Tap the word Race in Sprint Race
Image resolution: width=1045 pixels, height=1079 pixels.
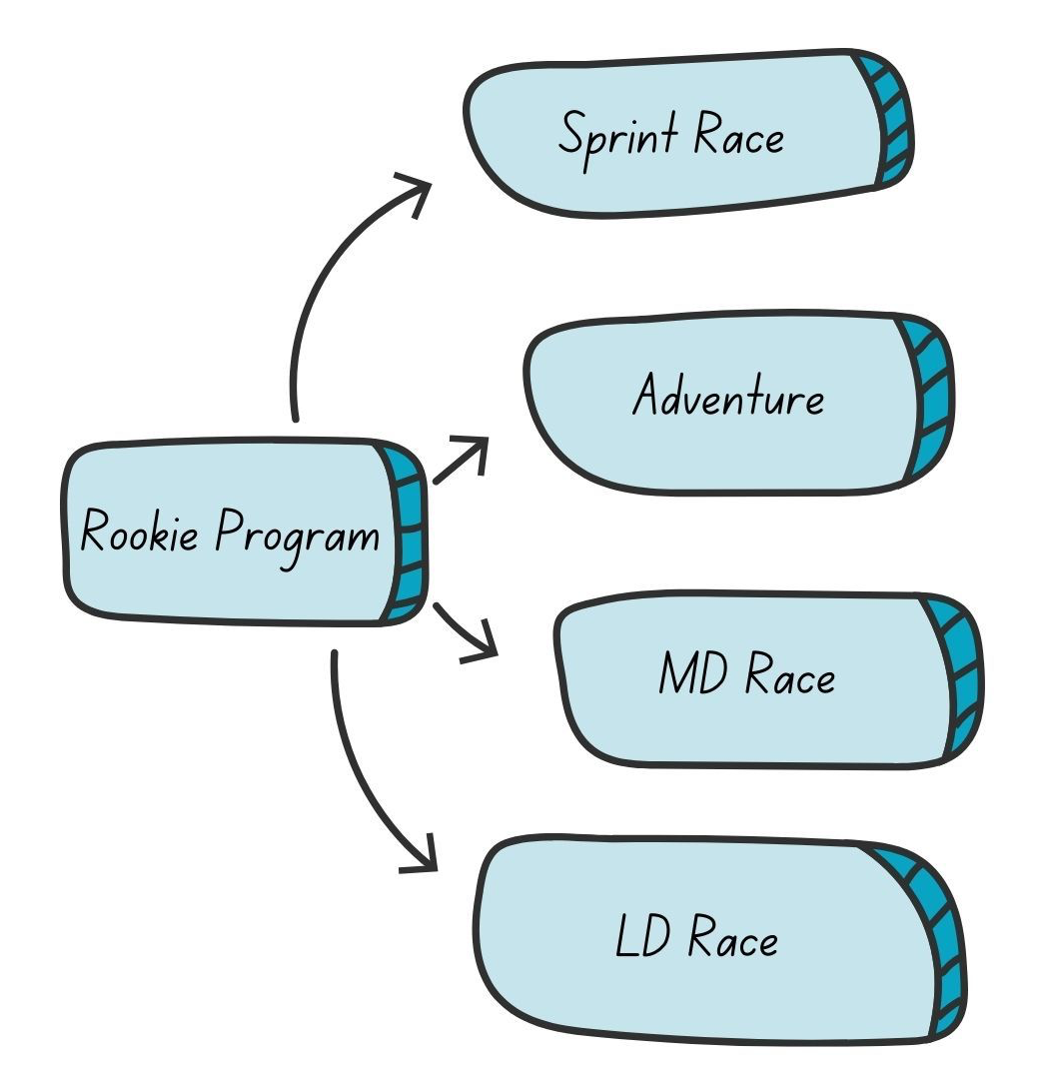[x=739, y=136]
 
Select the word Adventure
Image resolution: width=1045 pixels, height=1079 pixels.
[x=728, y=397]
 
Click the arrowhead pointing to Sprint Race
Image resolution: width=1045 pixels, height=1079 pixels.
[x=416, y=189]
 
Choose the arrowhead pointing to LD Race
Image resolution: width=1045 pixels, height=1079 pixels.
[x=424, y=857]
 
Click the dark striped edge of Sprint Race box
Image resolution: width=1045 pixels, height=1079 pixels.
[x=891, y=120]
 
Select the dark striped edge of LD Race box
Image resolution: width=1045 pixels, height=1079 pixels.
[x=943, y=939]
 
